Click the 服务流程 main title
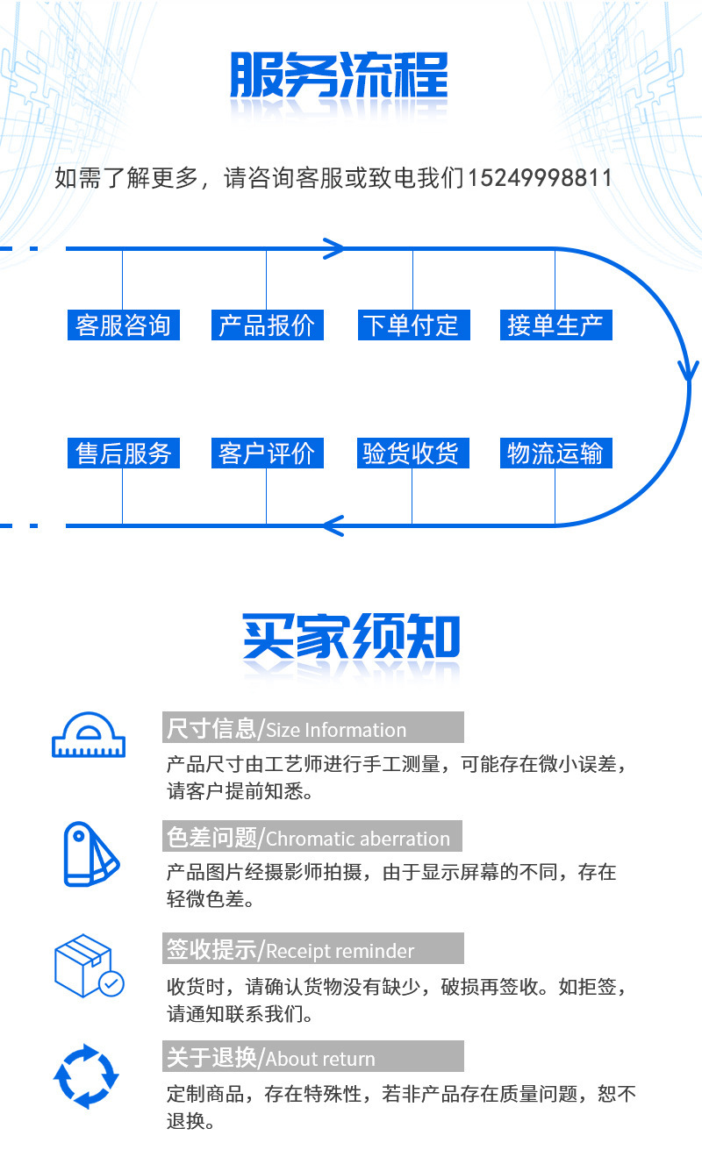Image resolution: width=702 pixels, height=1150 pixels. [339, 76]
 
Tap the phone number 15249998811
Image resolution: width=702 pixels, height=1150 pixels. [540, 178]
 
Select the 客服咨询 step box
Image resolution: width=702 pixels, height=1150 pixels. [123, 325]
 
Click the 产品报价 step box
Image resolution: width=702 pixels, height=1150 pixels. [267, 325]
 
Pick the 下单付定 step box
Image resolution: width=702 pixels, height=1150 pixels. [411, 325]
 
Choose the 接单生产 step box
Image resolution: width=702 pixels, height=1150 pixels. [555, 325]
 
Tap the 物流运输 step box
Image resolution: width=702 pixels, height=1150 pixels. [555, 454]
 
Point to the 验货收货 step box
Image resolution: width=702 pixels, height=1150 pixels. [411, 454]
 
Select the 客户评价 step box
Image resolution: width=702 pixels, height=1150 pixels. [267, 454]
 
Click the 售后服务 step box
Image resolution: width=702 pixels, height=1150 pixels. [123, 454]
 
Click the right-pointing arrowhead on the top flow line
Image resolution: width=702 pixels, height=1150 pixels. [334, 248]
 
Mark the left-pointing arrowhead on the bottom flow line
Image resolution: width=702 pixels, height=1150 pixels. [333, 525]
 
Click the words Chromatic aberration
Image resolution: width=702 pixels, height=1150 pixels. [358, 839]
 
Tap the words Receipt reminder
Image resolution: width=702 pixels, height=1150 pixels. [340, 951]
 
